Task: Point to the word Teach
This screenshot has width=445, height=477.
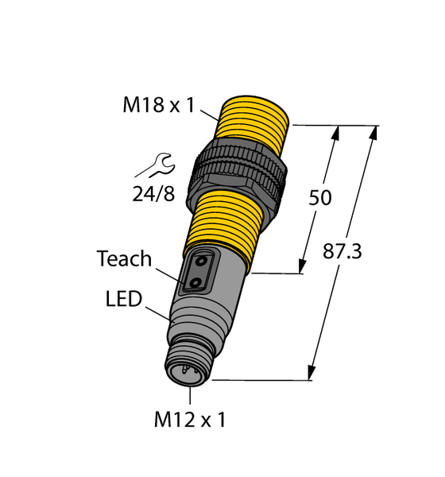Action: coord(124,258)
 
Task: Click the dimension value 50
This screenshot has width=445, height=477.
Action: coord(320,198)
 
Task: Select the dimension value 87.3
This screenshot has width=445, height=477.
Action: coord(342,252)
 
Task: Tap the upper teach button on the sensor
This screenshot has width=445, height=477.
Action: coord(204,261)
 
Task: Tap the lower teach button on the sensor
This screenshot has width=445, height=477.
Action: coord(197,280)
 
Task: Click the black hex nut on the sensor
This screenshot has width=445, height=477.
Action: coord(235,174)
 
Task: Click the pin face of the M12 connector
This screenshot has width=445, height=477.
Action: coord(188,370)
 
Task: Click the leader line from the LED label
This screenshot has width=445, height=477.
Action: coord(157,311)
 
